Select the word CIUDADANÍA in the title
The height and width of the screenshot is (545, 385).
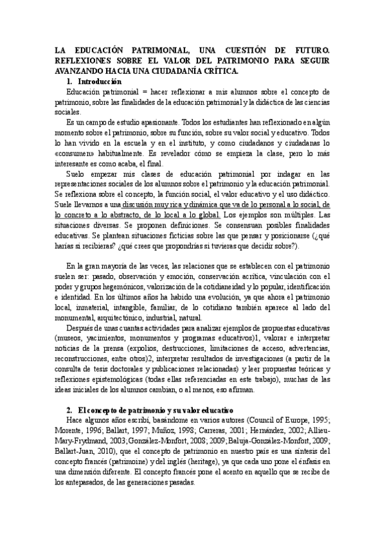[184, 70]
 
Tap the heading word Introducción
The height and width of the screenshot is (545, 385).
[99, 82]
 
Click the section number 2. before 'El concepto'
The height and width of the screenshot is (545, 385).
[70, 409]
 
